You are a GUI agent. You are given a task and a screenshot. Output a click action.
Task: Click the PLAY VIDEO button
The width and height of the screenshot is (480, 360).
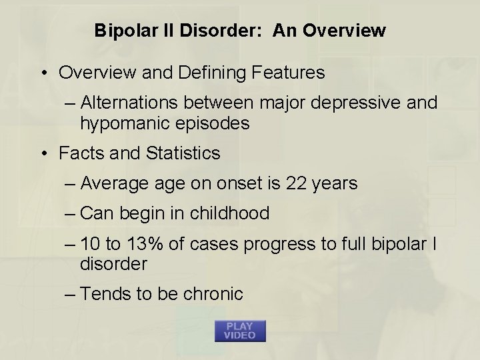tap(240, 331)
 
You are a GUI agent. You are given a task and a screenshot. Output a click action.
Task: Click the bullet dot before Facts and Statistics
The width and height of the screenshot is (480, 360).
tap(45, 153)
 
